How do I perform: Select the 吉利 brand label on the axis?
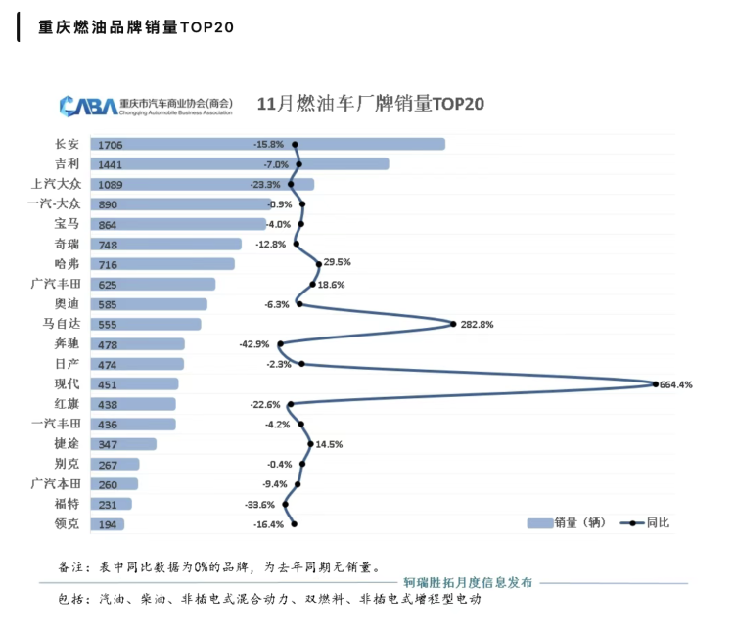point(68,163)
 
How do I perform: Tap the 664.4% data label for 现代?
point(676,384)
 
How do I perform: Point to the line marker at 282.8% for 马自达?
point(453,324)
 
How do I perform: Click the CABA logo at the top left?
point(86,104)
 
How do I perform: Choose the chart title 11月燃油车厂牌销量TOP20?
point(371,103)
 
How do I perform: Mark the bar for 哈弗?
point(162,264)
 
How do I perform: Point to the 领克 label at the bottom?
point(68,523)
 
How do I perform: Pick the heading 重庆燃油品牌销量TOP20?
point(136,27)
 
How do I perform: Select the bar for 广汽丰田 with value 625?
point(153,284)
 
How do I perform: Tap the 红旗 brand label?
point(68,403)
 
